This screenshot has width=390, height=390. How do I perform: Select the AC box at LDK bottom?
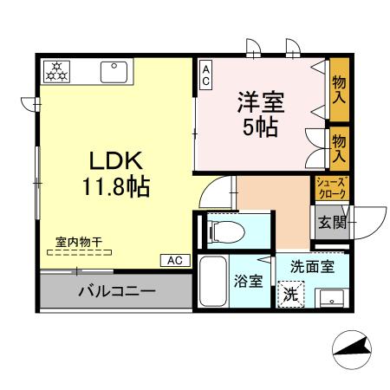(174, 259)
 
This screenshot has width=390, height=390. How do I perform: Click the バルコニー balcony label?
(116, 290)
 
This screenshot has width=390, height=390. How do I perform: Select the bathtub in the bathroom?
(213, 286)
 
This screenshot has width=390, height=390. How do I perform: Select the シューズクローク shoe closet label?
(331, 187)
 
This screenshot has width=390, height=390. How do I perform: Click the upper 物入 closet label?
(339, 86)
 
